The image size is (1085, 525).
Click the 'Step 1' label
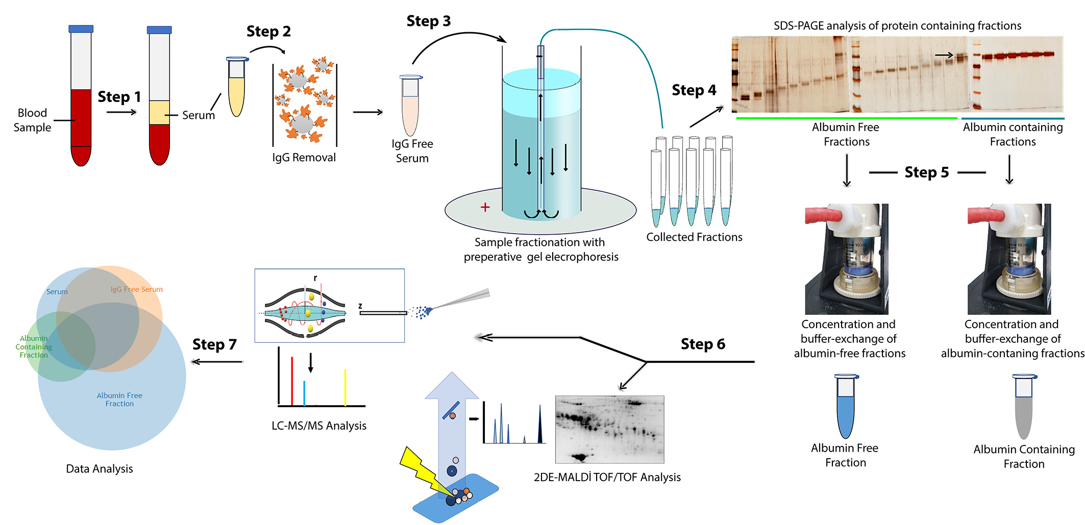(x=119, y=96)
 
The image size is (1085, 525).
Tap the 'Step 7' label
(x=214, y=344)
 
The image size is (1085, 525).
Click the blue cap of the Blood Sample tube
(x=81, y=29)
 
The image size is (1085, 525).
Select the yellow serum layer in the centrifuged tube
(x=159, y=113)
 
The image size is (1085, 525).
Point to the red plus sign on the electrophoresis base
(x=485, y=207)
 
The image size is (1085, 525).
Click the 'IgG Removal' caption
(x=304, y=158)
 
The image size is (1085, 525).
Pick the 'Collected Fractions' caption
(x=694, y=237)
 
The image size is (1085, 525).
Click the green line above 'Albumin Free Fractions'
(x=846, y=118)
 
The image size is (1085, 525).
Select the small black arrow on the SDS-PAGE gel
(x=944, y=55)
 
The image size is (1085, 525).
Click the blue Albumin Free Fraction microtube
(x=846, y=408)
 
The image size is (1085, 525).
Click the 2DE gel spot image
(x=609, y=429)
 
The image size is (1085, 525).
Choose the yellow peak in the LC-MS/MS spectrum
(x=346, y=388)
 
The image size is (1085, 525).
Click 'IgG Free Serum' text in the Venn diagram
(x=137, y=289)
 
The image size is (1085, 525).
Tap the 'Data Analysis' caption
(x=100, y=469)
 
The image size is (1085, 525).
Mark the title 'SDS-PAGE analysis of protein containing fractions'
(x=897, y=26)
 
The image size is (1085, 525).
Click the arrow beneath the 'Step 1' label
(x=121, y=112)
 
